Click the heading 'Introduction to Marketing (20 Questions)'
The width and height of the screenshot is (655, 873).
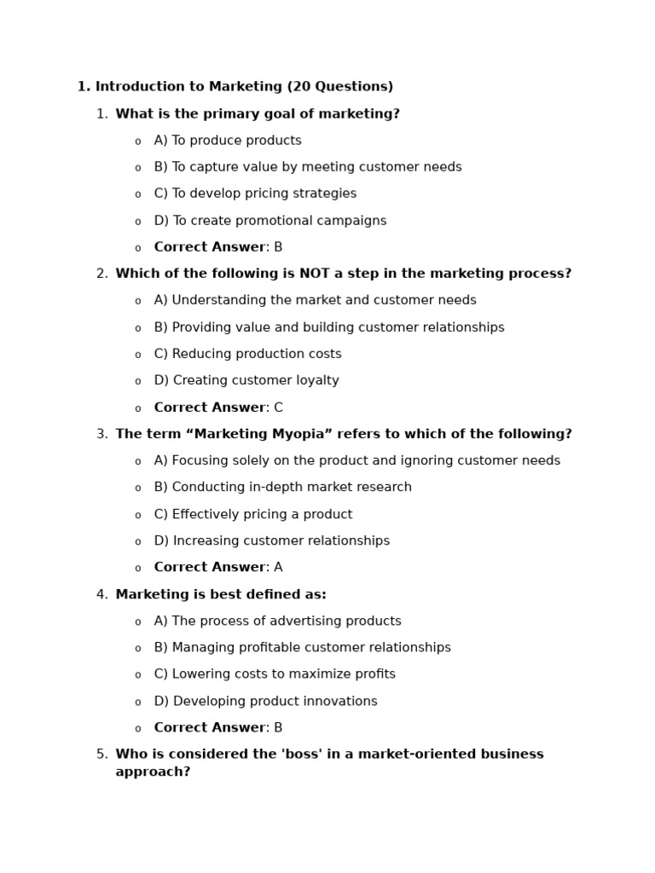click(x=244, y=87)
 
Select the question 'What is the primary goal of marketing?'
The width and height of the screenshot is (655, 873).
click(x=258, y=114)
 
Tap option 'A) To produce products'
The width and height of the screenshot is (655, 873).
click(x=228, y=141)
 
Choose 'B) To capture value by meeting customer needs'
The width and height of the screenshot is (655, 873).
click(x=308, y=167)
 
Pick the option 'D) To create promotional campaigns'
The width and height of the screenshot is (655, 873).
click(x=270, y=221)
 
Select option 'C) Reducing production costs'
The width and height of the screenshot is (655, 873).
click(x=247, y=354)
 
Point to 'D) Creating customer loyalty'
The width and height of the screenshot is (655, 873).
click(x=246, y=380)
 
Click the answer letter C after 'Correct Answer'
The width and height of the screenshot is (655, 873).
click(x=278, y=408)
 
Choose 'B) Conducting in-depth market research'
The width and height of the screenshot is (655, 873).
click(x=282, y=488)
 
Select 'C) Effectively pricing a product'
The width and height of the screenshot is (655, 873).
click(x=253, y=514)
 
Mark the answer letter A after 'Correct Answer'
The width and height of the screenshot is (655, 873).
click(x=278, y=568)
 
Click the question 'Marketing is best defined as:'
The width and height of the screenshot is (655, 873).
click(x=221, y=594)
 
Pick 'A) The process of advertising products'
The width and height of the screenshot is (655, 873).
click(x=277, y=622)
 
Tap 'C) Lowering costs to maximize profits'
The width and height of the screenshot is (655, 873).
click(x=275, y=674)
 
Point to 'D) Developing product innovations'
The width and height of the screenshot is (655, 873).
click(x=265, y=702)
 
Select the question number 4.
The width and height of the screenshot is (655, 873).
click(x=101, y=594)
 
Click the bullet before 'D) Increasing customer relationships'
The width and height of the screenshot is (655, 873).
click(x=137, y=542)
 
